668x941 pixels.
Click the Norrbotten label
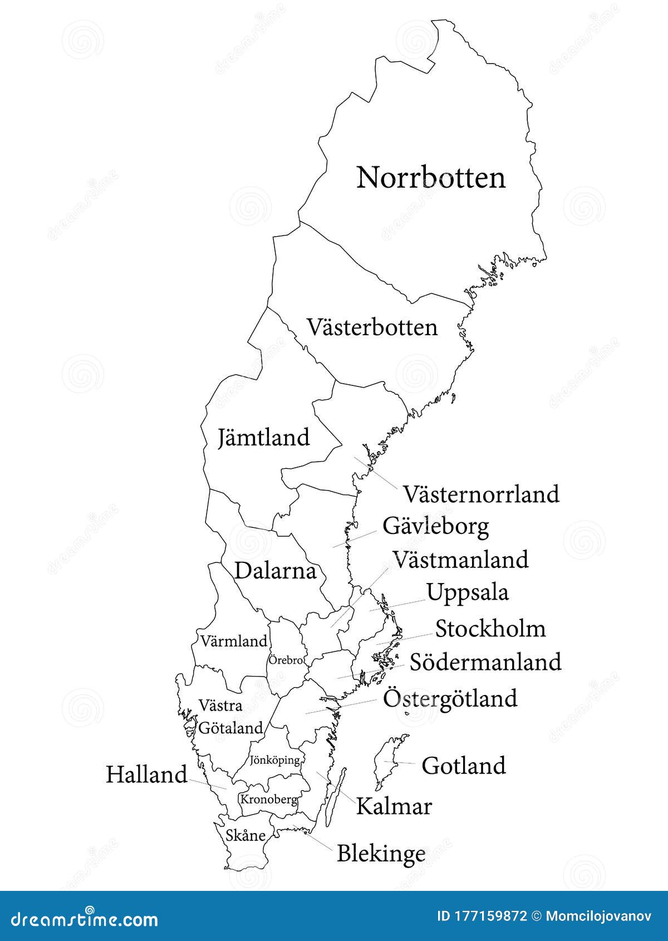point(431,178)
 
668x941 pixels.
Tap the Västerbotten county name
point(372,327)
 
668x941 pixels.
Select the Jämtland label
point(263,438)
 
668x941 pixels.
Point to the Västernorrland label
point(481,494)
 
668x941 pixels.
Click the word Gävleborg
point(436,526)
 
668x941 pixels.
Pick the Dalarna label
point(275,571)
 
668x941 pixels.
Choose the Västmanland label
point(460,560)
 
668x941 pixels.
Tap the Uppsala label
point(468,592)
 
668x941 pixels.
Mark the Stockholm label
point(490,629)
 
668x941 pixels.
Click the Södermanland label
point(485,662)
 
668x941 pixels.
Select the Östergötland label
point(450,698)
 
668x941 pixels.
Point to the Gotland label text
point(464,766)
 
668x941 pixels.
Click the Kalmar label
point(394,806)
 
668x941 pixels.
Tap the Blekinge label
point(381,854)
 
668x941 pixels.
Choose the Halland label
point(146,775)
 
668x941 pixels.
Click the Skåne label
point(245,836)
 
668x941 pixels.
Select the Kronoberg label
point(268,800)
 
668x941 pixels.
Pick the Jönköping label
point(275,760)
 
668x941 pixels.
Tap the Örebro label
point(286,660)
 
